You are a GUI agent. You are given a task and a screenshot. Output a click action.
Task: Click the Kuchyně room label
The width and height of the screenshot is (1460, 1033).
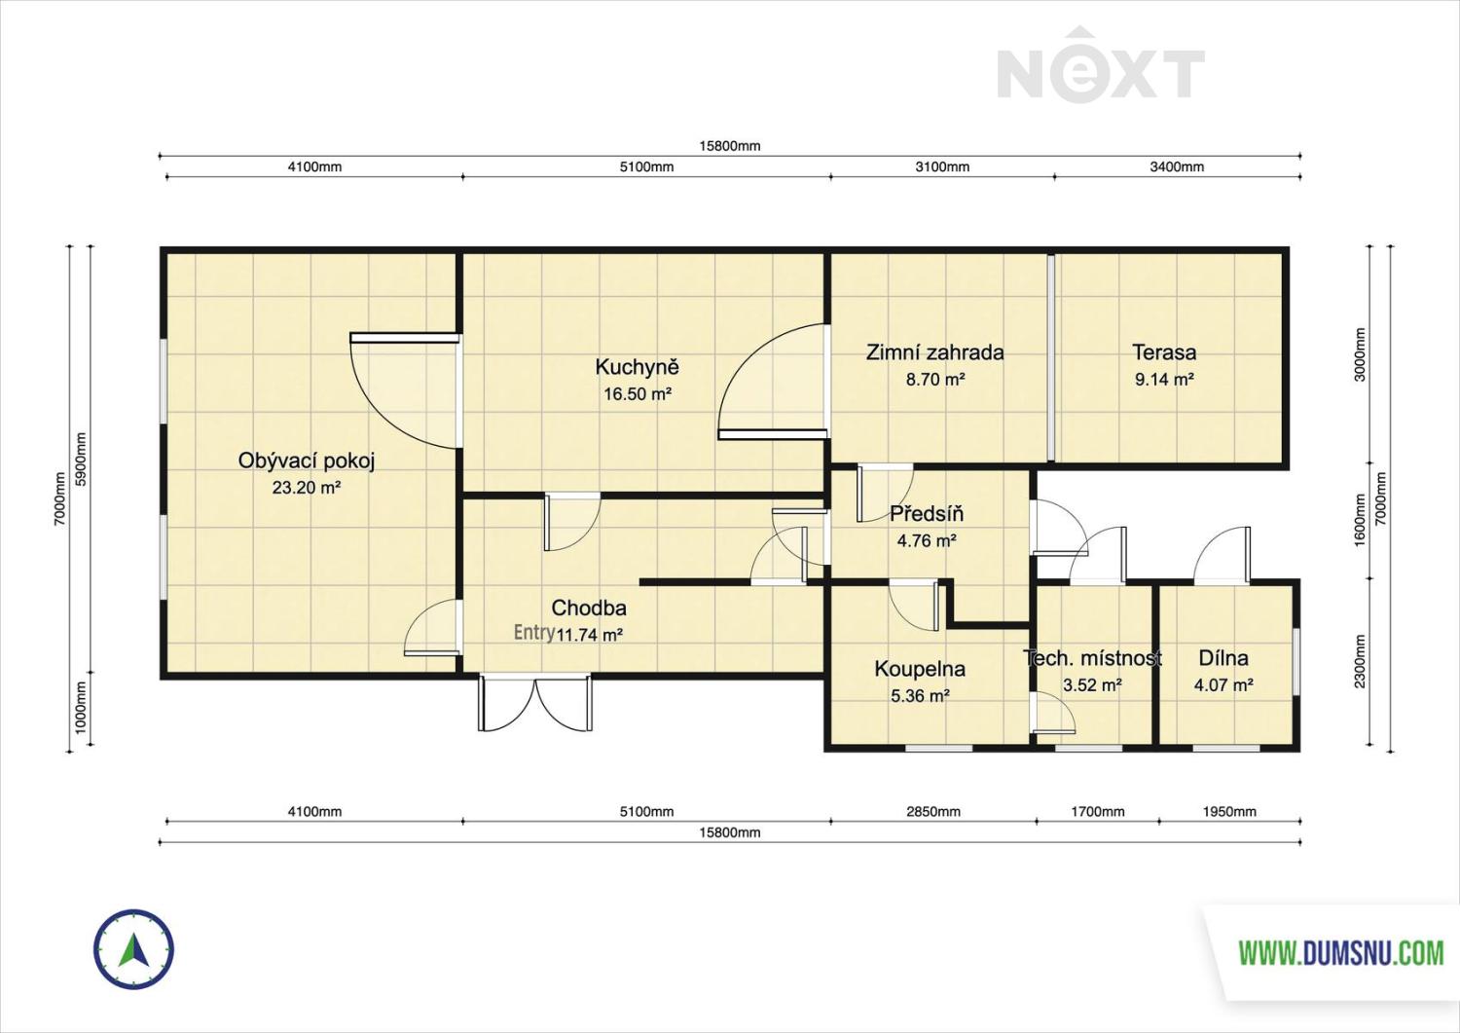[x=637, y=367]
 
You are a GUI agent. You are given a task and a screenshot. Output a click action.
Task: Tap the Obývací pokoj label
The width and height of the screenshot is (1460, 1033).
[x=307, y=461]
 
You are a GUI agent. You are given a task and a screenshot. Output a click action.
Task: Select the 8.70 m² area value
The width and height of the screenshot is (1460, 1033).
[x=935, y=379]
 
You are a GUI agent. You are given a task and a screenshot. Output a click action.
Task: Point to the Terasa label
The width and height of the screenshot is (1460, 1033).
[x=1164, y=352]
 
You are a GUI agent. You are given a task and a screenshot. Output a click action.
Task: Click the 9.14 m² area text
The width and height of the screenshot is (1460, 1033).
[x=1164, y=379]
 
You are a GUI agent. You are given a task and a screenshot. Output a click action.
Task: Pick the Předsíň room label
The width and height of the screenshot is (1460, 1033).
[x=927, y=514]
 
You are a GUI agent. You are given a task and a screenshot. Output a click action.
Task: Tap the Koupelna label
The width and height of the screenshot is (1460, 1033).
[x=920, y=669]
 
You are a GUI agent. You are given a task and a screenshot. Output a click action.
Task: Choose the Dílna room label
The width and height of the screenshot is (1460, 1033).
[x=1223, y=658]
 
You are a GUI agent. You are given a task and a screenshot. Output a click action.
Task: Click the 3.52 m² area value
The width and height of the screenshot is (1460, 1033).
[x=1092, y=685]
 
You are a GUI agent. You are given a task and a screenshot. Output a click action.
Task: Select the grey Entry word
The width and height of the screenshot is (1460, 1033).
[x=533, y=633]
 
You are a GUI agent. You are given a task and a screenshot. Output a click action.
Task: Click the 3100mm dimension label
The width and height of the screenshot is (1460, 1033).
[x=942, y=166]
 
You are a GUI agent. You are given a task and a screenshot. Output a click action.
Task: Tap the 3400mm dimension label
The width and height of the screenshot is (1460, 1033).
[x=1177, y=166]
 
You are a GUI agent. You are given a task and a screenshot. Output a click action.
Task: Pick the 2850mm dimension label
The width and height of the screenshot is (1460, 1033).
[x=932, y=812]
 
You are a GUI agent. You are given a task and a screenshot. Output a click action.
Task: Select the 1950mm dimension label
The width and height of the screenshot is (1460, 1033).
[x=1228, y=812]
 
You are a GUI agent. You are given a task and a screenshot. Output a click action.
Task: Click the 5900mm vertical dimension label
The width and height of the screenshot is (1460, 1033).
[x=81, y=460]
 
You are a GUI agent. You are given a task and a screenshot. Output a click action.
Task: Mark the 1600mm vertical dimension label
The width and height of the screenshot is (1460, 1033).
[x=1359, y=521]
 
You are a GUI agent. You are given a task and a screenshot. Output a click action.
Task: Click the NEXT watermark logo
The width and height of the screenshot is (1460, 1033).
[x=1101, y=65]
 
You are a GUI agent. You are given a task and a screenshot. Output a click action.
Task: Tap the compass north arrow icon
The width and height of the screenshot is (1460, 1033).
[x=133, y=950]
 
